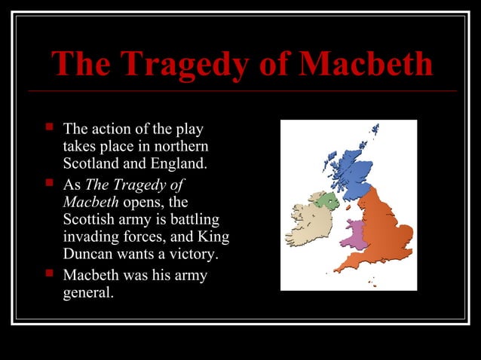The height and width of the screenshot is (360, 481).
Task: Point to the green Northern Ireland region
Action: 326,200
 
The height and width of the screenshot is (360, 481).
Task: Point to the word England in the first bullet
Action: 179,163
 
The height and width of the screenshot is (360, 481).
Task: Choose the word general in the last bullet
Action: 88,292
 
